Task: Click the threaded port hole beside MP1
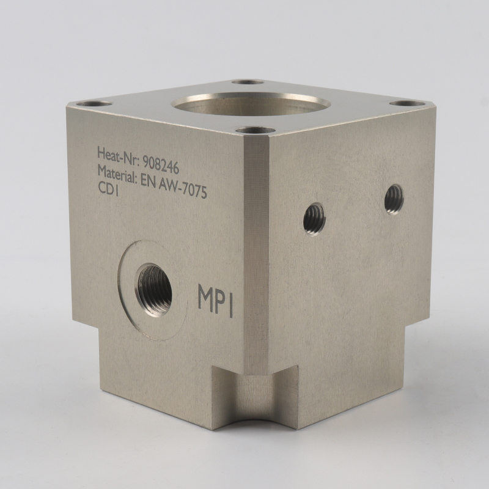point(154,289)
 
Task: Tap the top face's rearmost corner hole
point(249,81)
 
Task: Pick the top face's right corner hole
point(406,103)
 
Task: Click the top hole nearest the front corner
point(255,130)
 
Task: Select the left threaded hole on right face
point(314,219)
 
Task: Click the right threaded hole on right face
point(394,199)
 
